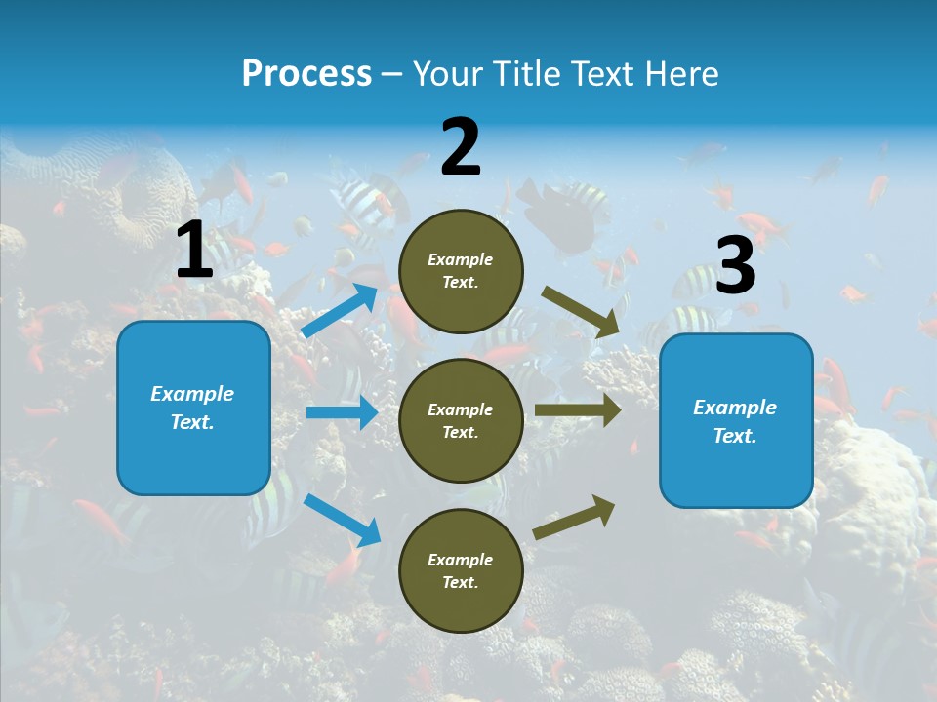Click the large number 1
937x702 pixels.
point(194,251)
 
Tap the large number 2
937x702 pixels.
point(461,147)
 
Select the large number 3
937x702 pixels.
point(735,266)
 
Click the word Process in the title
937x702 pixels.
point(306,73)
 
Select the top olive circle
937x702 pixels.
point(461,271)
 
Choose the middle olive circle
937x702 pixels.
point(461,420)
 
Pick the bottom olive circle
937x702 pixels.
point(461,570)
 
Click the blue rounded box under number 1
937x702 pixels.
point(193,408)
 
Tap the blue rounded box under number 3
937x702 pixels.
point(736,420)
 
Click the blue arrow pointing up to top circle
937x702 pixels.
point(340,311)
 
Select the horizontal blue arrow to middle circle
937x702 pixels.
point(342,412)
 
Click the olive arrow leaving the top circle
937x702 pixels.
point(581,312)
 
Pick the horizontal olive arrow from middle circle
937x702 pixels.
point(578,409)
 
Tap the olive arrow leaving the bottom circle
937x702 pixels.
point(575,517)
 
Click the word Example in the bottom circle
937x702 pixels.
point(461,560)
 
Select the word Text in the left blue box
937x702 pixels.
point(191,422)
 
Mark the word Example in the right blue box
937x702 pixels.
point(735,408)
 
